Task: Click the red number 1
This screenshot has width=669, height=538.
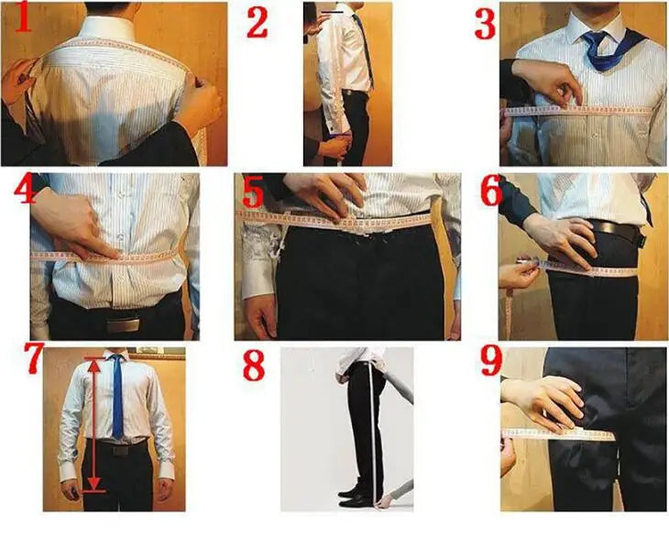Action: click(x=23, y=17)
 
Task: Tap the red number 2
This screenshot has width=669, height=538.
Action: click(x=258, y=22)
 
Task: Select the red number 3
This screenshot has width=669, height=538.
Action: click(x=485, y=25)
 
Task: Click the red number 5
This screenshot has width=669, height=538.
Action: click(x=253, y=194)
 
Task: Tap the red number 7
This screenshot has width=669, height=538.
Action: click(x=34, y=358)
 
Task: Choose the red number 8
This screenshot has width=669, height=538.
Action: click(x=254, y=365)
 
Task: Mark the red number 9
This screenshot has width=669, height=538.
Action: click(x=490, y=360)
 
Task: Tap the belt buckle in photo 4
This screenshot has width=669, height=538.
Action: click(x=123, y=325)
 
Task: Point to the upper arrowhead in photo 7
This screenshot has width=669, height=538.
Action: click(x=94, y=365)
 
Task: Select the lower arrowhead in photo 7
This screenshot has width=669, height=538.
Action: click(x=94, y=483)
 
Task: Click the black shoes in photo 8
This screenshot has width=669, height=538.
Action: click(x=356, y=497)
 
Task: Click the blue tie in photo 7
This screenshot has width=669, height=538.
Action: click(x=117, y=398)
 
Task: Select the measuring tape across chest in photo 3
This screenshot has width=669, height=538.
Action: click(x=579, y=111)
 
